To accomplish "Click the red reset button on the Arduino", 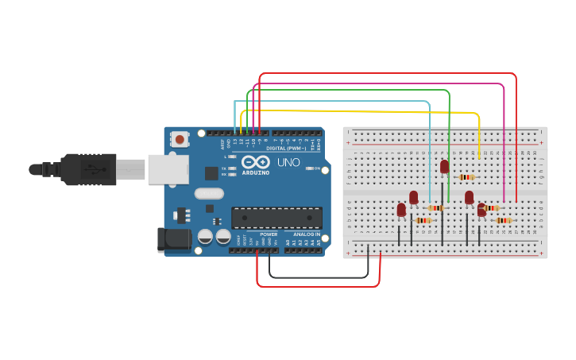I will [180, 140].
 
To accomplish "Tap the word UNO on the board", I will [288, 162].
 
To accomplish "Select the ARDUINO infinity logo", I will [256, 162].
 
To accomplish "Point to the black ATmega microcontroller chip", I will [276, 217].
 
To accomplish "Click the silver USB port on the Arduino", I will [168, 168].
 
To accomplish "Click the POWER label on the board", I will [269, 234].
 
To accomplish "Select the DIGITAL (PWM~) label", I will [286, 148].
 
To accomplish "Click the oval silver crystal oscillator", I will [209, 193].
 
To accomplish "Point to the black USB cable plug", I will [87, 168].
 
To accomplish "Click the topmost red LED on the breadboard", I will [444, 166].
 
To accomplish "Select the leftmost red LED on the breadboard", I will [401, 210].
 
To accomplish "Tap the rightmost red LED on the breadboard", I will [481, 210].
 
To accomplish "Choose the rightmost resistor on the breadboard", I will [502, 220].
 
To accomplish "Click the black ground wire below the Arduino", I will [318, 277].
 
